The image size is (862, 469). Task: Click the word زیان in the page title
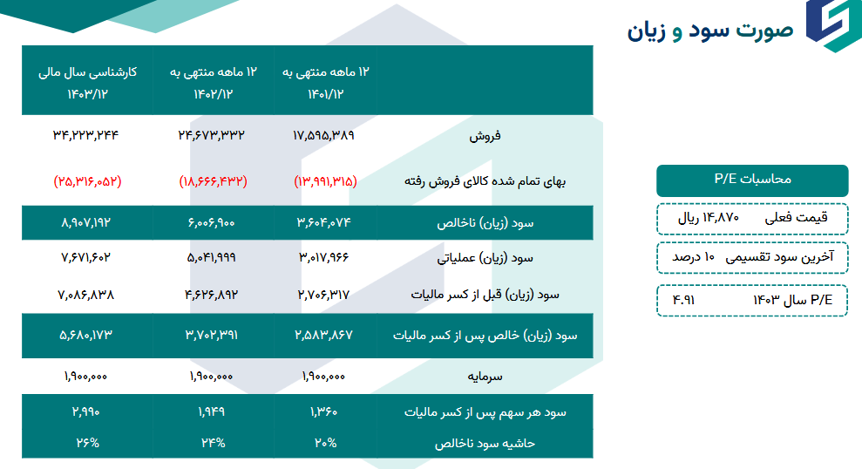point(647,31)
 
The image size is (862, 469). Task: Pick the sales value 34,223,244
point(85,135)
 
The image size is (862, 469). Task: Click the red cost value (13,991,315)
point(325,181)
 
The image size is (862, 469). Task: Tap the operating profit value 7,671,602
point(85,258)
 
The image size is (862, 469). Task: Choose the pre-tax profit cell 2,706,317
point(324,295)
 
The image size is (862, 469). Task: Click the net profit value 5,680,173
point(85,335)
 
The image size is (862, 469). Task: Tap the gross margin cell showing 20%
point(324,442)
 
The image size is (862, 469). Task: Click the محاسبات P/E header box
point(751,180)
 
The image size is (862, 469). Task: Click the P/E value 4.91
point(684,299)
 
